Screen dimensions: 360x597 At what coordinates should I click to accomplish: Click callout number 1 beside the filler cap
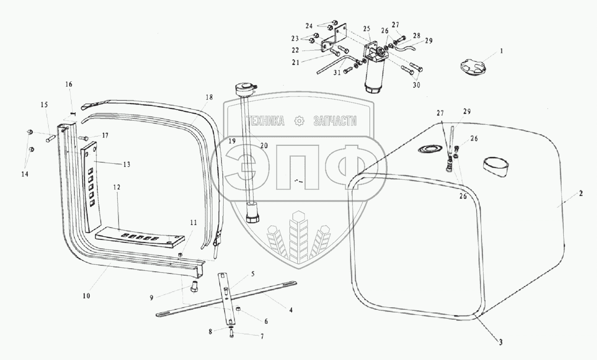tap(501, 51)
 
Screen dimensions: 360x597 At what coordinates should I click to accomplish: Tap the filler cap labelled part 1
tap(473, 68)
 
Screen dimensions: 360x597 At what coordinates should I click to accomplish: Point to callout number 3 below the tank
tap(500, 343)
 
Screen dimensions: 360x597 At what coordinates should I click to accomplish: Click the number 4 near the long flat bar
tap(291, 310)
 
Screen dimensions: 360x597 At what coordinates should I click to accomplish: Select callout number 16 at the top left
tap(69, 84)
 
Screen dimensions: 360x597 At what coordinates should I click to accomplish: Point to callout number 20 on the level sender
tap(264, 146)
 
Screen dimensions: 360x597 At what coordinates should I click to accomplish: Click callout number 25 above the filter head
tap(367, 29)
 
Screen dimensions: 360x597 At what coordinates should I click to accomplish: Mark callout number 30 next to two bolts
tap(417, 85)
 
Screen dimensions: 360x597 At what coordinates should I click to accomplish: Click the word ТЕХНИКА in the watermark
tap(265, 122)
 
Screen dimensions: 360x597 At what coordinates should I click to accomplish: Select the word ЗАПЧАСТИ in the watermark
tap(334, 122)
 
